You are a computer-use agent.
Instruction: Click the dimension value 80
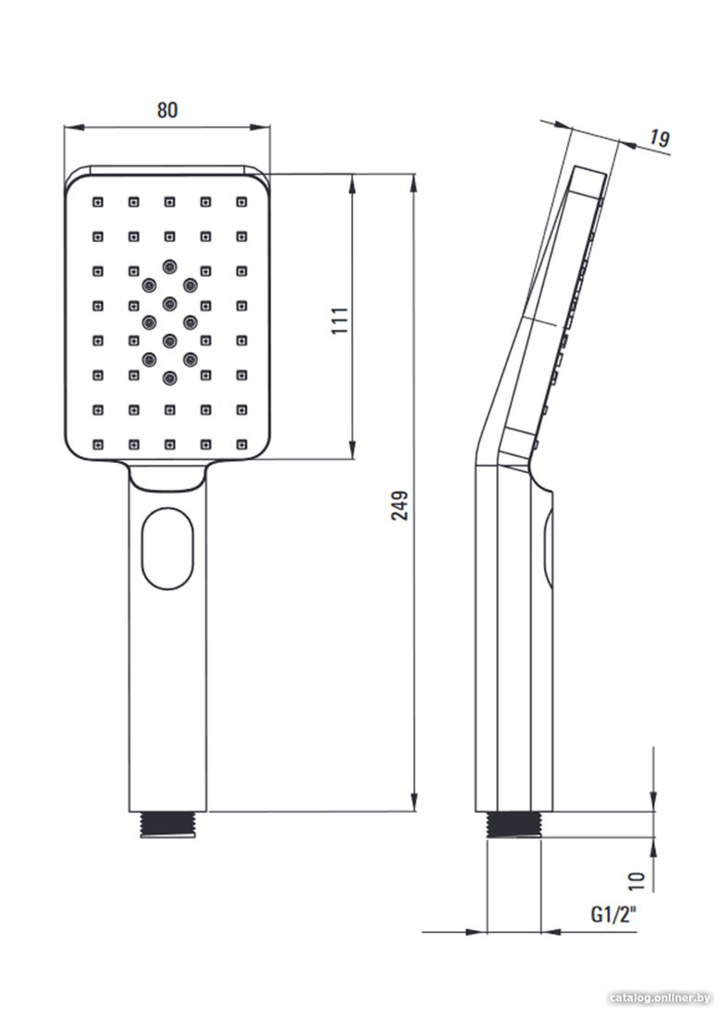point(166,110)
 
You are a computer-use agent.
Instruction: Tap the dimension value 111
point(340,321)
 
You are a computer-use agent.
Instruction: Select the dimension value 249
point(401,505)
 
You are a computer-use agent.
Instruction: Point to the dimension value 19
point(660,139)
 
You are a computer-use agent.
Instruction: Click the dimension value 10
point(637,879)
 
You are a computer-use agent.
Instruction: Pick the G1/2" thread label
point(613,914)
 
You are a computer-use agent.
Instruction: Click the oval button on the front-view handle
point(168,549)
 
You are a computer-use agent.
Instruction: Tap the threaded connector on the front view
point(168,824)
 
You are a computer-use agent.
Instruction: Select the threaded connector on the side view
point(514,825)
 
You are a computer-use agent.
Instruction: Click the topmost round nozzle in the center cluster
point(170,265)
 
